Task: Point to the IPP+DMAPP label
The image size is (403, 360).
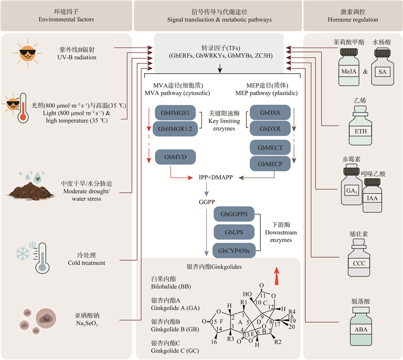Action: tap(218, 177)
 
